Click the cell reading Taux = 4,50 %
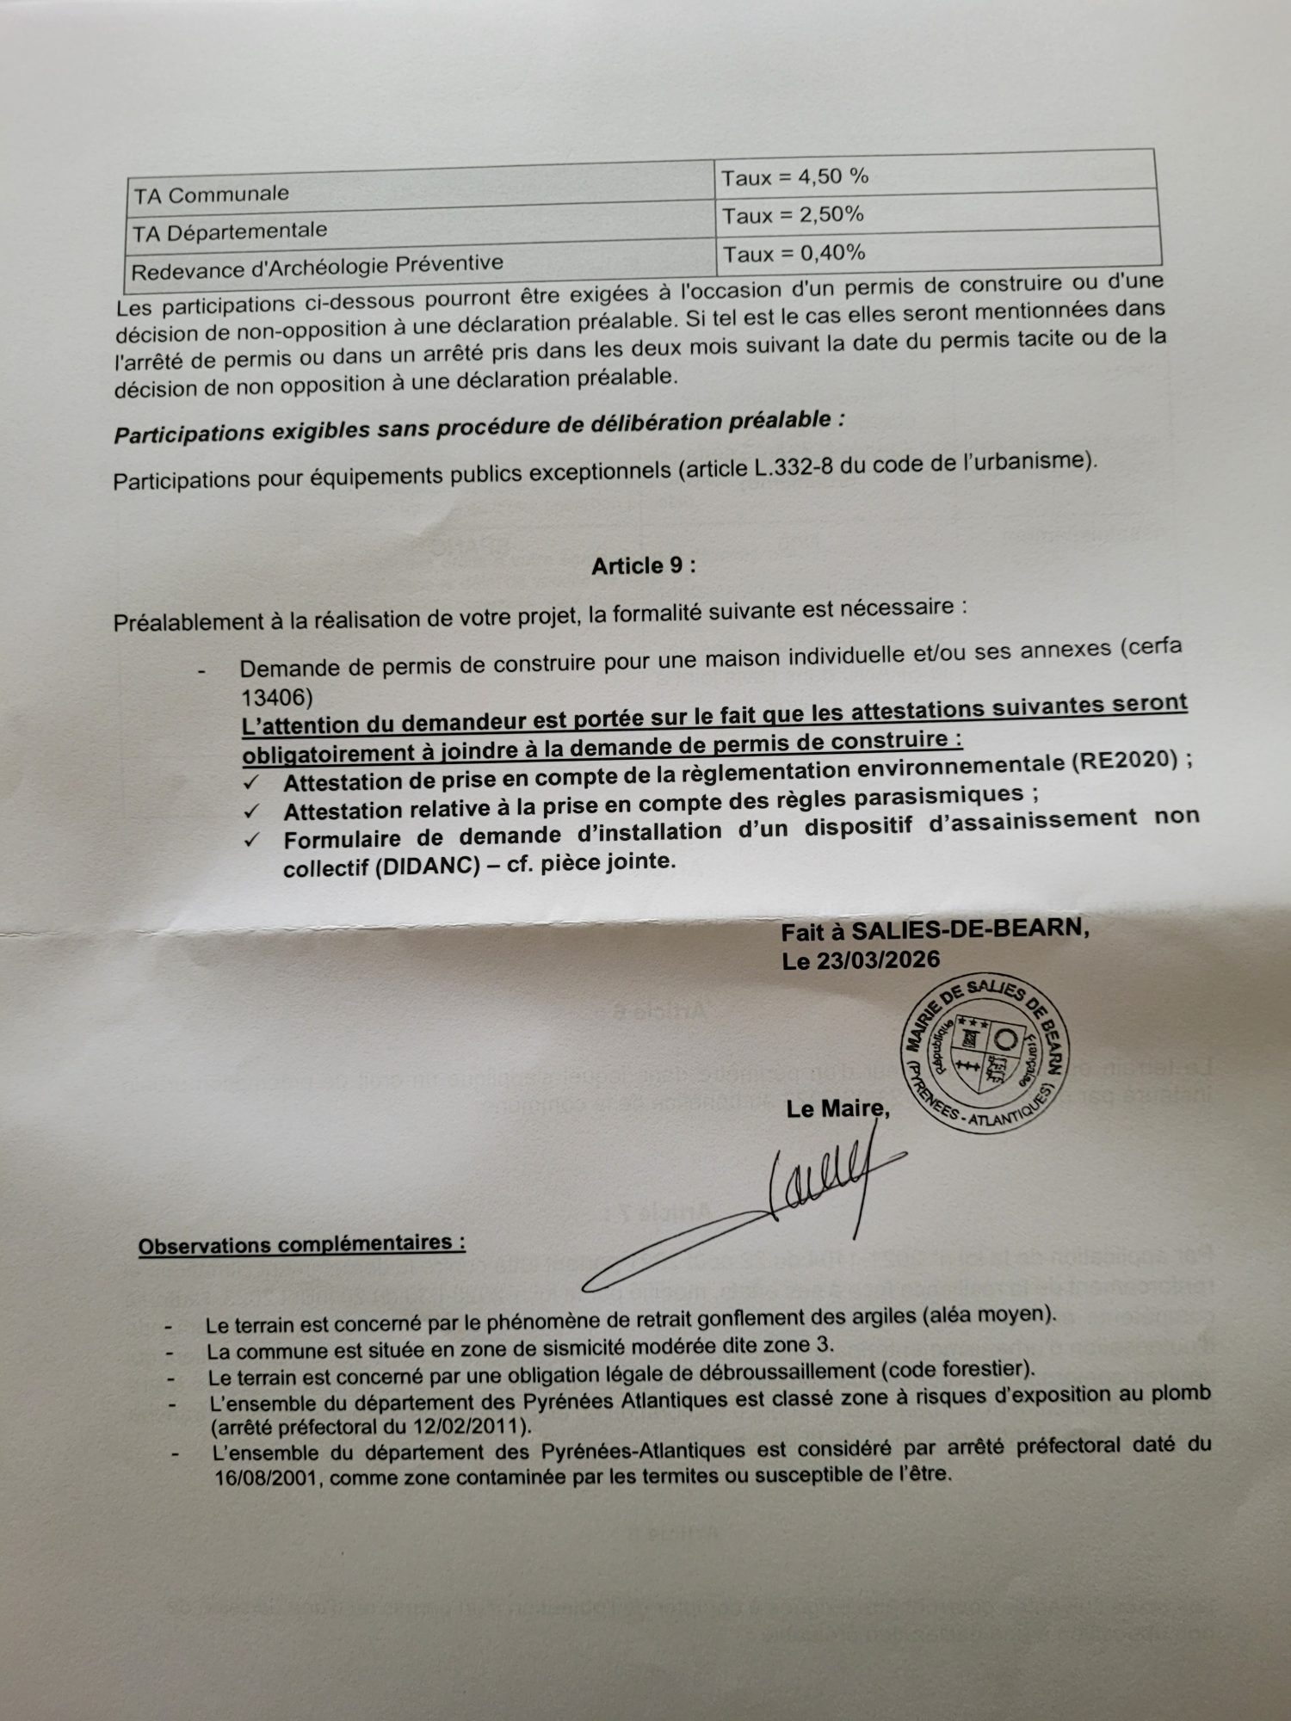tap(794, 177)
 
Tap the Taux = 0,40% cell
tap(794, 253)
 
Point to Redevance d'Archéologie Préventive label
tap(317, 268)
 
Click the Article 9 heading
tap(643, 565)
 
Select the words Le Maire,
tap(837, 1109)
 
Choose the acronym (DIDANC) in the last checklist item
tap(427, 866)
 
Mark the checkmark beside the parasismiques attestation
tap(251, 811)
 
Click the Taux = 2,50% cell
tap(793, 215)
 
